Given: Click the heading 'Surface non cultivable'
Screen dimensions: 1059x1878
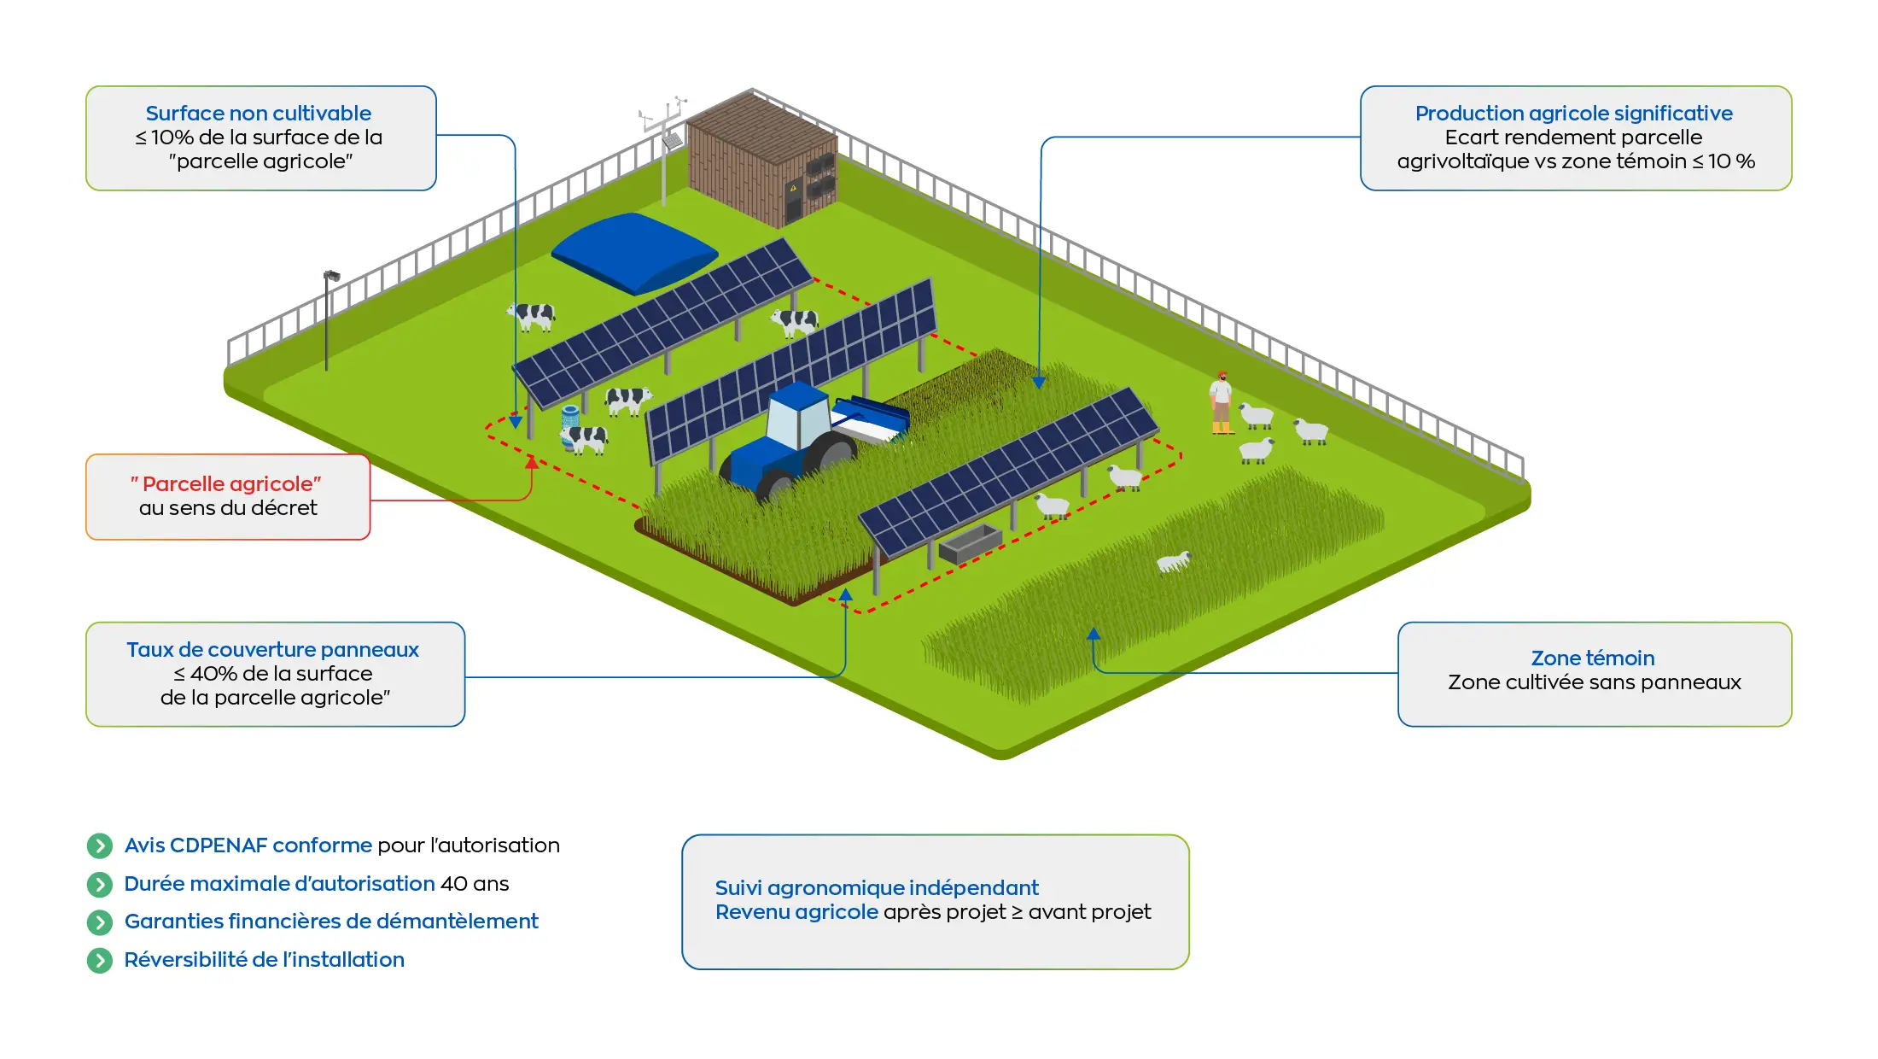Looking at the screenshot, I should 258,114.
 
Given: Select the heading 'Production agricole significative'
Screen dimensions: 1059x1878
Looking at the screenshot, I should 1573,114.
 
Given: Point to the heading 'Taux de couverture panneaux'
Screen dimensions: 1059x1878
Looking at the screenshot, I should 272,650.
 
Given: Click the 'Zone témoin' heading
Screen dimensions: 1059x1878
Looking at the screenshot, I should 1592,658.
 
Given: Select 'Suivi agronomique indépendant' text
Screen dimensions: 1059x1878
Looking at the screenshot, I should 876,888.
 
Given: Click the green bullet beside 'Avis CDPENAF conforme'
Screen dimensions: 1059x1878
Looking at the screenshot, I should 100,845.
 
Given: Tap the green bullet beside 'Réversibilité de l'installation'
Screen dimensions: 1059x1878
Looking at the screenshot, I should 100,961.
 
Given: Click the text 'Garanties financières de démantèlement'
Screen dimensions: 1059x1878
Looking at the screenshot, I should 331,922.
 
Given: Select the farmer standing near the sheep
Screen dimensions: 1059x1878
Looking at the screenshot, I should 1222,401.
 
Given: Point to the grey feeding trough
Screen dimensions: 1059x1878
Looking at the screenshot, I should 970,543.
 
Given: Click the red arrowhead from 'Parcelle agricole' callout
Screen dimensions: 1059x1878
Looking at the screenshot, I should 532,462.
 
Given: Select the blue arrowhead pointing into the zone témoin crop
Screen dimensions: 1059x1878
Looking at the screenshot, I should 1094,634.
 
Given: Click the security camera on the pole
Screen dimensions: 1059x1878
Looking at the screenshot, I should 332,276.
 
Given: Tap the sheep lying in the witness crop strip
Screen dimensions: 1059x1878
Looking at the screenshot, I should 1173,561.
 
